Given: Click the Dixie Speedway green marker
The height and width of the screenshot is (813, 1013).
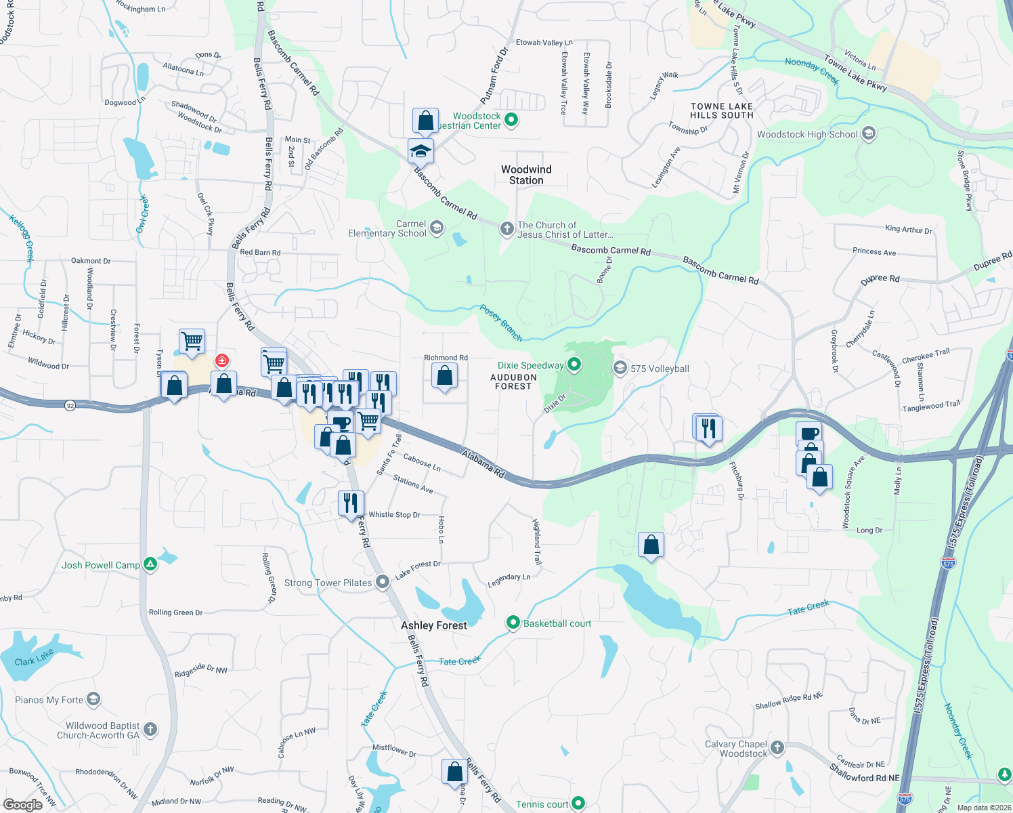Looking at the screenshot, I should tap(574, 365).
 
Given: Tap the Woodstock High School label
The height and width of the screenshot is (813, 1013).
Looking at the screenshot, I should tap(807, 134).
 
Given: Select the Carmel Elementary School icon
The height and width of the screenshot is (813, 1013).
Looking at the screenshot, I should tap(437, 228).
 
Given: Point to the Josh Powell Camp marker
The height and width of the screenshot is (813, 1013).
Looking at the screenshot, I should tap(150, 564).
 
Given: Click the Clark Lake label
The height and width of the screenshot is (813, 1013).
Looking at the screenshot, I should tap(34, 658).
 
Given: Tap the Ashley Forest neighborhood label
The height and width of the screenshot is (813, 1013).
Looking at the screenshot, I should tap(434, 625).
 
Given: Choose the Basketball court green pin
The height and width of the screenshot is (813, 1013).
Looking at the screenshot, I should tap(513, 623).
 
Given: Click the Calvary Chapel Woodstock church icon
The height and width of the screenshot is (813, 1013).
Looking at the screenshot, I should tap(777, 748).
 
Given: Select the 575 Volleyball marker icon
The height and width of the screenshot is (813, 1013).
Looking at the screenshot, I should tap(620, 368).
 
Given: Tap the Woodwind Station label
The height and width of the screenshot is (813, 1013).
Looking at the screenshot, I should tap(526, 175).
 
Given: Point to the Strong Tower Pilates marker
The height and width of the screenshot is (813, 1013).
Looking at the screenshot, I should tap(383, 582).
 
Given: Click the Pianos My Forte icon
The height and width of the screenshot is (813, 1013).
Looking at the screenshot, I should tap(93, 699).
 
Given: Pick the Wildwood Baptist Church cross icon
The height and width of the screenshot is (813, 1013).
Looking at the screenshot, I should tap(150, 730).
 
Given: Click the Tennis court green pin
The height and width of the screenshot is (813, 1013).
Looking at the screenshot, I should tap(578, 804).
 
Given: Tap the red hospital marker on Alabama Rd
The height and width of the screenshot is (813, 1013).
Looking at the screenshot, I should tap(221, 360).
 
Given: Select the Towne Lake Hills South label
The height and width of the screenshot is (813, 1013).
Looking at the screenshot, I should tap(722, 111).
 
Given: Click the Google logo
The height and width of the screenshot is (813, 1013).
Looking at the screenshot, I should tap(22, 804).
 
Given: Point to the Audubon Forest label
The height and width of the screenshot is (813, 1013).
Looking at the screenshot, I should tap(513, 382).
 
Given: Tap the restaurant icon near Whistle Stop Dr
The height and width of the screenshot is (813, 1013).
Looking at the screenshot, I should tap(351, 503).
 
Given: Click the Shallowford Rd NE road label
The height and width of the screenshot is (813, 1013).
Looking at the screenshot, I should tap(865, 772).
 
